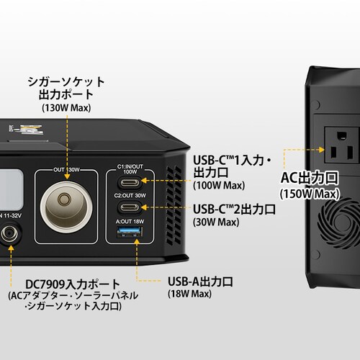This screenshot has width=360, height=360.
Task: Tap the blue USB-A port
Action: [x=130, y=232]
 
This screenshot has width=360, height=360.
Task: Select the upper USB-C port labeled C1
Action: [x=130, y=183]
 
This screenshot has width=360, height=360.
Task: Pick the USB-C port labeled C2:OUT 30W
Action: [x=130, y=207]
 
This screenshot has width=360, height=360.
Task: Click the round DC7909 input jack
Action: [x=9, y=233]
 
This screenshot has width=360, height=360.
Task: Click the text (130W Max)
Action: [x=66, y=108]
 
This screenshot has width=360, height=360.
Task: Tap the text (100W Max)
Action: [x=219, y=185]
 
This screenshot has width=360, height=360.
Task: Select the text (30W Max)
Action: [x=216, y=222]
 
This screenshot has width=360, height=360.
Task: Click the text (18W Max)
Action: [x=189, y=294]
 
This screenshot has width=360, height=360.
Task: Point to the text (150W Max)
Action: [x=310, y=194]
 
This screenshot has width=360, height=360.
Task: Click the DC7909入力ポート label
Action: [x=72, y=284]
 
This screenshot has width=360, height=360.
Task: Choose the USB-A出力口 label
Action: [x=200, y=282]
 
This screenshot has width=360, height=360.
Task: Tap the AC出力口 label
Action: [x=310, y=178]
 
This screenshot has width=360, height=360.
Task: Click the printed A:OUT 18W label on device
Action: [x=130, y=221]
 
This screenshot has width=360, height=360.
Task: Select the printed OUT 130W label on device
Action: [x=66, y=170]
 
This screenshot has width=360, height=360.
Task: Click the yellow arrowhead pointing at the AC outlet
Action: [x=321, y=150]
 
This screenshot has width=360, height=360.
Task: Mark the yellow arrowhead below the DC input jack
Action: [x=11, y=248]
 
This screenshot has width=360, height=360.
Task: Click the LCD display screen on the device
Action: [x=11, y=189]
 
